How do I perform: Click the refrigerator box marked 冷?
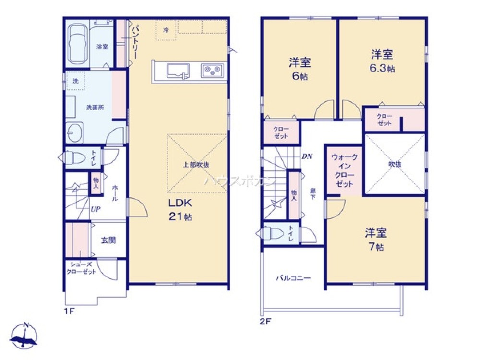[166, 30]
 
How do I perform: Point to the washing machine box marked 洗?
[75, 81]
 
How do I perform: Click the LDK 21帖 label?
[180, 209]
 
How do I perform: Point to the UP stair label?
[96, 209]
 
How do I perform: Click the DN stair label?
[307, 156]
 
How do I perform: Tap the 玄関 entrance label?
[108, 240]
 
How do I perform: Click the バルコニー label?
[293, 278]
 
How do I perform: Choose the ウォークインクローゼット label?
[344, 170]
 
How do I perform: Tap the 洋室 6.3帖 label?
[382, 60]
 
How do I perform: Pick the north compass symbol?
[24, 336]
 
